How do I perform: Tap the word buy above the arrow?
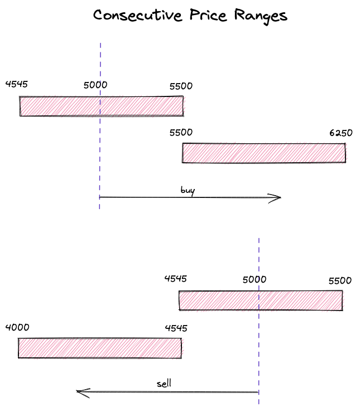pyautogui.click(x=188, y=191)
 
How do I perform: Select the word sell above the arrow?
pyautogui.click(x=164, y=384)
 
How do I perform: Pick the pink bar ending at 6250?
pyautogui.click(x=264, y=153)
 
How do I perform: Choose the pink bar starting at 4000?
pyautogui.click(x=99, y=348)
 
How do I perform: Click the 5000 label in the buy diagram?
pyautogui.click(x=95, y=85)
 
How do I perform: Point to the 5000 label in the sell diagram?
pyautogui.click(x=255, y=280)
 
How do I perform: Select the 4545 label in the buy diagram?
pyautogui.click(x=16, y=84)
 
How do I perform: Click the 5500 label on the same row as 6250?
pyautogui.click(x=181, y=133)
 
